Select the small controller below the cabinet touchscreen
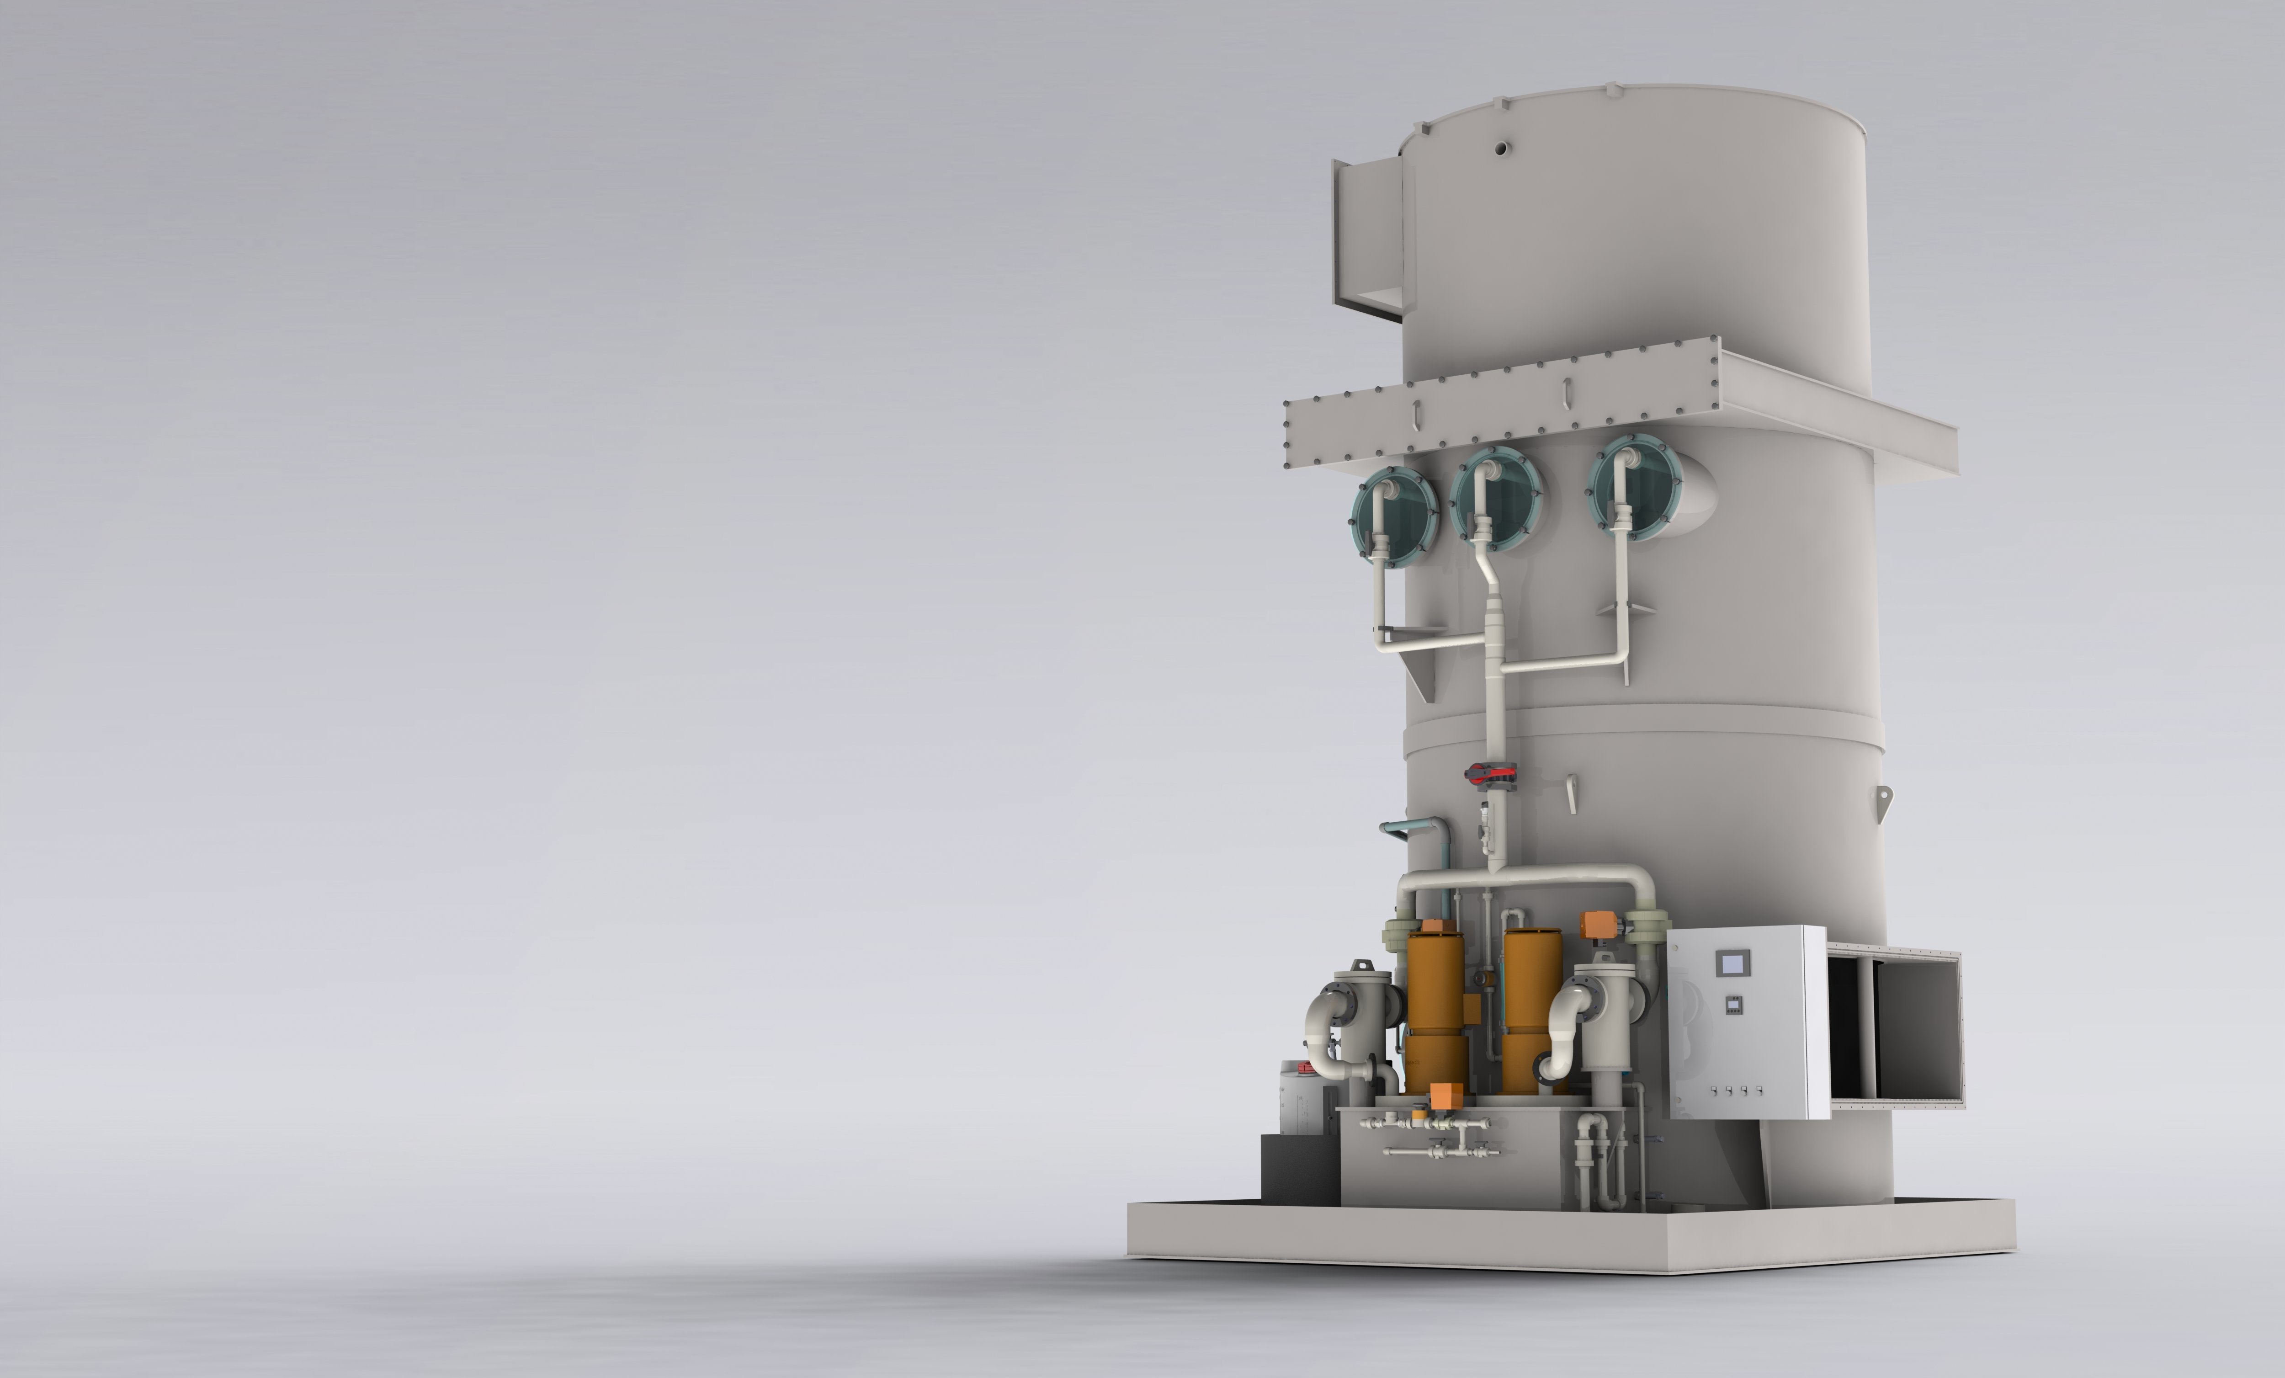click(x=1732, y=1004)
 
